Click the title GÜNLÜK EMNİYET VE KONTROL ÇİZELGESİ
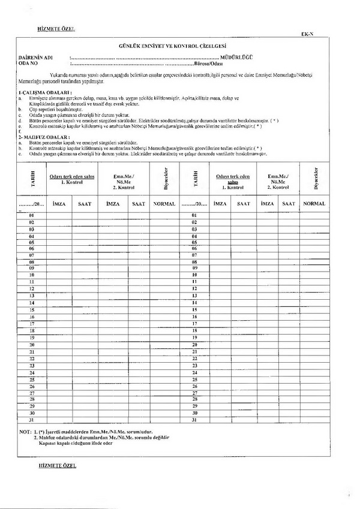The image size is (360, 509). click(x=179, y=46)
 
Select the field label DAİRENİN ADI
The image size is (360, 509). click(x=35, y=56)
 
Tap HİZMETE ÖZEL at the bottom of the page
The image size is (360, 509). click(x=56, y=465)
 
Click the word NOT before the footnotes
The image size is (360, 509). click(x=25, y=432)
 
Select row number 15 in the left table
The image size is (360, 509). click(x=32, y=309)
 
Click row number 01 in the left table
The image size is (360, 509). click(x=32, y=215)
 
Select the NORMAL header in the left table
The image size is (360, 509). click(x=164, y=204)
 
